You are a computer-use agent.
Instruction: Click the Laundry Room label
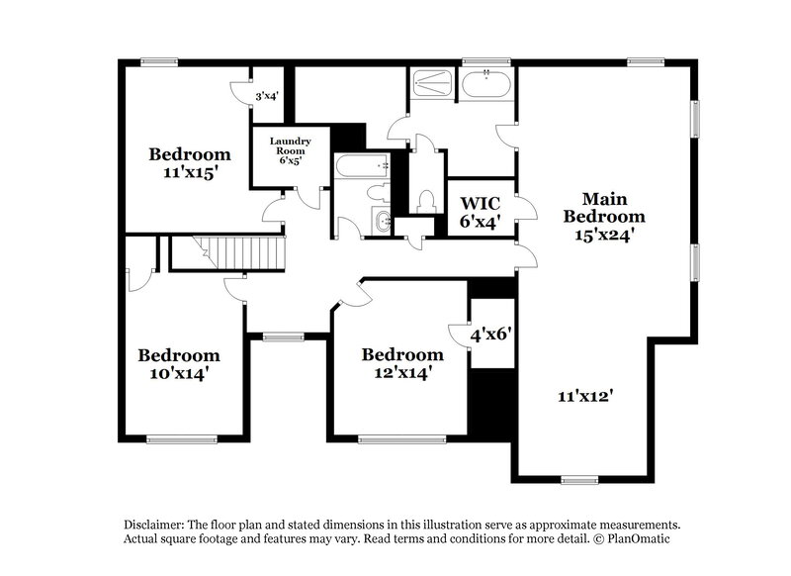pos(291,147)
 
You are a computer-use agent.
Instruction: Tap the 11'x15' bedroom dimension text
pos(190,171)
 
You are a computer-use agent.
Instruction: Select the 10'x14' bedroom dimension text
pos(178,373)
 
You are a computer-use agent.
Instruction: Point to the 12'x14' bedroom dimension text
pos(401,372)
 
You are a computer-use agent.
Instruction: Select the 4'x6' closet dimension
pos(489,335)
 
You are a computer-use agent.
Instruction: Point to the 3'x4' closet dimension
pos(267,96)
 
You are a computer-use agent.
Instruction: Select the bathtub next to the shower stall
pos(486,84)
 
